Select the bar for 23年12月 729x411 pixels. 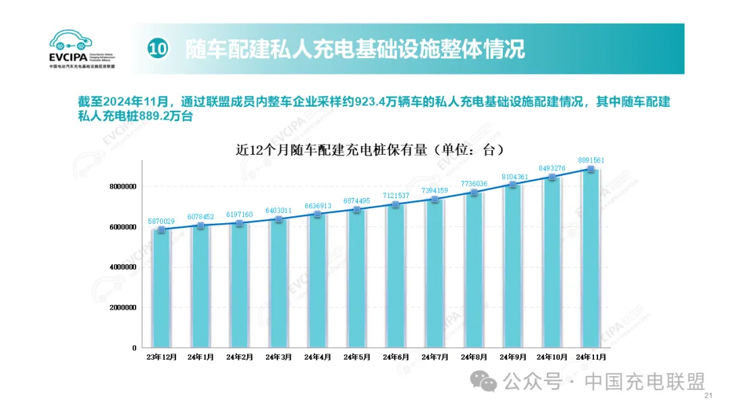pyautogui.click(x=161, y=289)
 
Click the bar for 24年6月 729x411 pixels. pyautogui.click(x=396, y=275)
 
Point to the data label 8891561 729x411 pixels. pyautogui.click(x=591, y=160)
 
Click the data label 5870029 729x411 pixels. pyautogui.click(x=161, y=221)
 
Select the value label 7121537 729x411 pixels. pyautogui.click(x=396, y=195)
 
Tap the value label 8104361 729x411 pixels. pyautogui.click(x=513, y=176)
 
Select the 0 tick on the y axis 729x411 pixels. pyautogui.click(x=134, y=347)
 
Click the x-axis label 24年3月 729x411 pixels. pyautogui.click(x=279, y=357)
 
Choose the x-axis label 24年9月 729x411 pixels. pyautogui.click(x=513, y=357)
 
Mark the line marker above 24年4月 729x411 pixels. pyautogui.click(x=318, y=214)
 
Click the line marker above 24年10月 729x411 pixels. pyautogui.click(x=552, y=177)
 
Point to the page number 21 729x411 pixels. pyautogui.click(x=708, y=396)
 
